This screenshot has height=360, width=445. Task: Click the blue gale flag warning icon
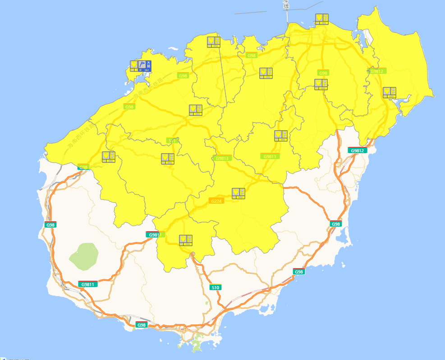(145, 66)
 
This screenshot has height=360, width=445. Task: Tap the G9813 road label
(222, 158)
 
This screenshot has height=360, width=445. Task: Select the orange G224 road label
(216, 201)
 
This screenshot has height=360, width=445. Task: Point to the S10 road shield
(216, 287)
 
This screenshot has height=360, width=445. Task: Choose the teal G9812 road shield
(358, 150)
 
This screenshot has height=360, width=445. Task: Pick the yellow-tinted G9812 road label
(377, 71)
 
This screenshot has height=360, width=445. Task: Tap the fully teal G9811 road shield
(88, 284)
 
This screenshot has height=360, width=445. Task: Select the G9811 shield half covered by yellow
(153, 235)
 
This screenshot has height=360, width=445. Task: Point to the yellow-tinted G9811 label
(270, 156)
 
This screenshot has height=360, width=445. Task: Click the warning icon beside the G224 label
(239, 193)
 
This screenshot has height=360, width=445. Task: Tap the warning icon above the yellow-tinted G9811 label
(280, 136)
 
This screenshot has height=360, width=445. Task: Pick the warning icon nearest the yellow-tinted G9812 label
(389, 92)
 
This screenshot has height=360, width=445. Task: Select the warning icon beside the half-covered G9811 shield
(185, 240)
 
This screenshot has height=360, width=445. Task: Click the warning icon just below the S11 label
(168, 159)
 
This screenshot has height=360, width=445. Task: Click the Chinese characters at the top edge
(285, 4)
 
